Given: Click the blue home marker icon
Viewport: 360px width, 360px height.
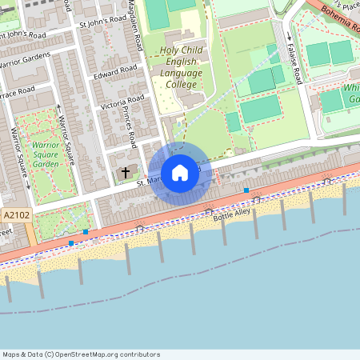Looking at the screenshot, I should [x=179, y=173].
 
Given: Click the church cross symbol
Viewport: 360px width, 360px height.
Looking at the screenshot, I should [x=125, y=172].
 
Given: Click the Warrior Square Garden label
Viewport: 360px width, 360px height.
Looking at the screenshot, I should [x=46, y=154].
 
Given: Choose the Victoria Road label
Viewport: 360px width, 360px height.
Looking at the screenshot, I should [x=122, y=102].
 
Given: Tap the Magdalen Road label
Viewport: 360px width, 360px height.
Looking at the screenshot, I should [x=138, y=28].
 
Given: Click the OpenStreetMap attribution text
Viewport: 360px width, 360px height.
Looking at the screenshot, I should [x=81, y=354].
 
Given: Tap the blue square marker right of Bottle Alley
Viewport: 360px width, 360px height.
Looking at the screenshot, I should [x=246, y=190].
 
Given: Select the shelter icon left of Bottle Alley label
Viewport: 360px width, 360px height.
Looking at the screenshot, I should [x=208, y=210].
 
